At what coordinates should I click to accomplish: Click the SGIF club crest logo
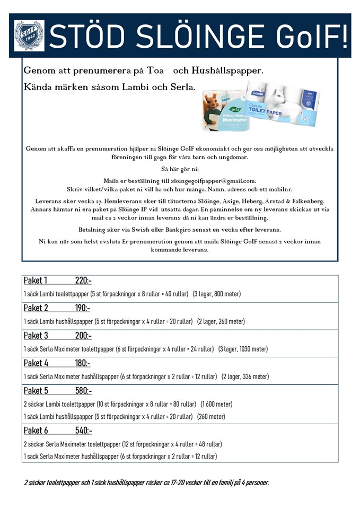pyautogui.click(x=29, y=35)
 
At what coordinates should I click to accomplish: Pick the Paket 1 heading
pyautogui.click(x=36, y=280)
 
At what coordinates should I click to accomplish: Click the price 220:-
pyautogui.click(x=83, y=280)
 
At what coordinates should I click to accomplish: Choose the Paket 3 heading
pyautogui.click(x=36, y=336)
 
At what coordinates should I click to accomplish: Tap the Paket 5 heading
pyautogui.click(x=36, y=391)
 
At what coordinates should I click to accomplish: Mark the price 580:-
pyautogui.click(x=83, y=391)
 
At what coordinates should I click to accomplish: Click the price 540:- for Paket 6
pyautogui.click(x=83, y=431)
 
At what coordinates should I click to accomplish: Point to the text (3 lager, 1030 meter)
pyautogui.click(x=243, y=349)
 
